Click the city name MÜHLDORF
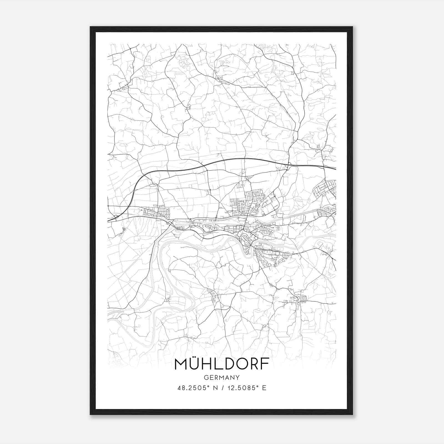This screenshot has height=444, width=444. point(222,364)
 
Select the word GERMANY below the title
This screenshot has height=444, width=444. point(222,378)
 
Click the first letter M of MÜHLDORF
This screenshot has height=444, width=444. point(180,364)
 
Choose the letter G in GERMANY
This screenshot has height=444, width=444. point(206,378)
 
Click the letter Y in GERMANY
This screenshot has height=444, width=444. point(238,378)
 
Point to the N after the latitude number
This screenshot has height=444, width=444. point(214,388)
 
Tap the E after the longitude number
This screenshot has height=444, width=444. point(264,388)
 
